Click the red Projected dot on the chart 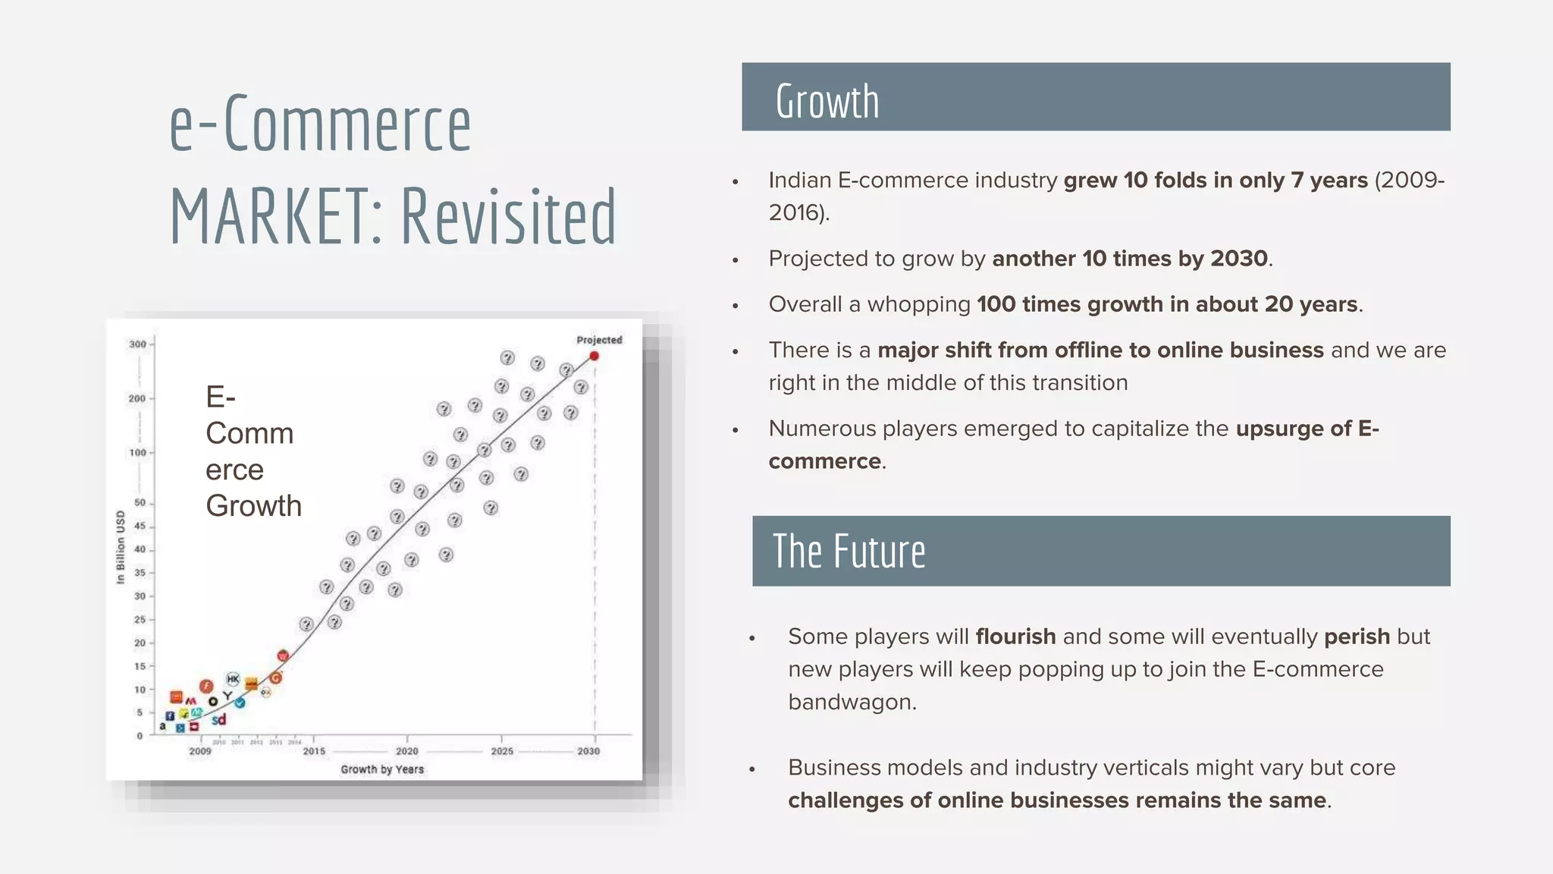point(595,356)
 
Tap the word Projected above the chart point(599,340)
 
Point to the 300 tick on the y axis point(137,344)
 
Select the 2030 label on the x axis point(588,751)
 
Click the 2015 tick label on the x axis point(314,751)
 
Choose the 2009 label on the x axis point(200,751)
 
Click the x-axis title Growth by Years point(382,769)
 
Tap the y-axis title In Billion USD point(121,547)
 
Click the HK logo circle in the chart point(233,679)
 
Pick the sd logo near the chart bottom point(218,719)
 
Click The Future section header point(849,552)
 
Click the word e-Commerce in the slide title point(320,124)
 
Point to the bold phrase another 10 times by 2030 point(1129,259)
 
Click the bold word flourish point(1015,637)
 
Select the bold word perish point(1357,637)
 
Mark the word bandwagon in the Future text point(851,702)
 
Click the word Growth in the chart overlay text point(253,506)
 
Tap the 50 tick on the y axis point(140,503)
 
